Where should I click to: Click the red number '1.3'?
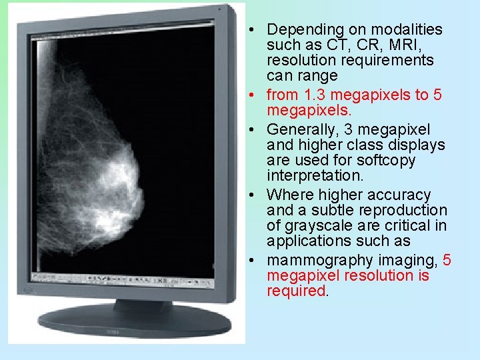point(316,95)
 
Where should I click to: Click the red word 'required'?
point(297,291)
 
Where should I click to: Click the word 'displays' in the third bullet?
point(421,145)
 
